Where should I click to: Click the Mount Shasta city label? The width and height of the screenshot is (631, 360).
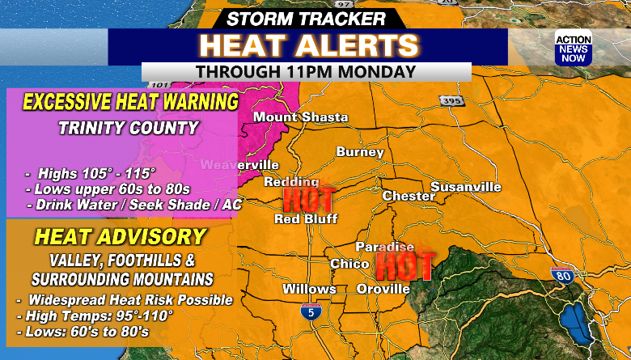pyautogui.click(x=300, y=117)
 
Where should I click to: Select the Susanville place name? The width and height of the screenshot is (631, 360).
pyautogui.click(x=465, y=187)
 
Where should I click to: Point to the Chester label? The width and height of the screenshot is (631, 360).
pyautogui.click(x=402, y=196)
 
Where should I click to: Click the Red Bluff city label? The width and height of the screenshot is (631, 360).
pyautogui.click(x=305, y=218)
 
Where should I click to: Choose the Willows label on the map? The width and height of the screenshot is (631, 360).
pyautogui.click(x=309, y=289)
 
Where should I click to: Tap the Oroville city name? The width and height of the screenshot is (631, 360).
pyautogui.click(x=383, y=289)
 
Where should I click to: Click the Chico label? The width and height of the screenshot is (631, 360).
pyautogui.click(x=349, y=264)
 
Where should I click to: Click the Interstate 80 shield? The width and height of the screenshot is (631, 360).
pyautogui.click(x=561, y=276)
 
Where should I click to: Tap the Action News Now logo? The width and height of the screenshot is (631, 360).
pyautogui.click(x=573, y=49)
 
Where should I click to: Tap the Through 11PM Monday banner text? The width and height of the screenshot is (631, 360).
pyautogui.click(x=306, y=71)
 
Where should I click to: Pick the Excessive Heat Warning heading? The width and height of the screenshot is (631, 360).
pyautogui.click(x=130, y=103)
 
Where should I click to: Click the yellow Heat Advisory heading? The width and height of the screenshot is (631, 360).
pyautogui.click(x=120, y=237)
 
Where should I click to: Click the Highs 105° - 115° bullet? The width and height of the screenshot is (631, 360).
pyautogui.click(x=91, y=173)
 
